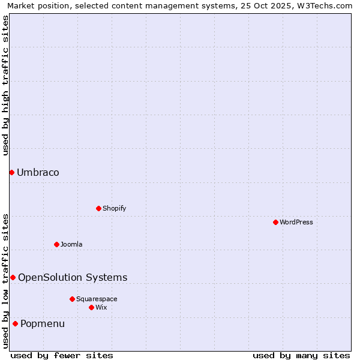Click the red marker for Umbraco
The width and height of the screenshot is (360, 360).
click(11, 173)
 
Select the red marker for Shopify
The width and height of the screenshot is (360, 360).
click(98, 209)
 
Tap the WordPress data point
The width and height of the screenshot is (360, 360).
click(275, 223)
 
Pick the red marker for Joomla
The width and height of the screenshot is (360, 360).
click(56, 244)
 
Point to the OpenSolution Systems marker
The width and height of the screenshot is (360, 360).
click(13, 277)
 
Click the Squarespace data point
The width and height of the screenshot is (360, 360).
click(72, 299)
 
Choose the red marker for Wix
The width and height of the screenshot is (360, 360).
click(91, 308)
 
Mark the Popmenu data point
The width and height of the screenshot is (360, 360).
click(15, 324)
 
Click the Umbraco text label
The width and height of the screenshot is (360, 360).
click(38, 173)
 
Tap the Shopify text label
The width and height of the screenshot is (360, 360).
click(114, 209)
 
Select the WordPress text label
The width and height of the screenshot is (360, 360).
click(296, 223)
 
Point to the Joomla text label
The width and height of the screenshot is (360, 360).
click(71, 245)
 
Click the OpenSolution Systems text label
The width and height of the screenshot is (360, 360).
click(73, 277)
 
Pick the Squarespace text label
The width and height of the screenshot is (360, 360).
click(97, 299)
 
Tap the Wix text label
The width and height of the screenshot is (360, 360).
click(101, 308)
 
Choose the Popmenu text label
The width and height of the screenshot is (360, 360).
click(43, 324)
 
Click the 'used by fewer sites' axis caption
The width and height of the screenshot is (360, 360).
click(62, 355)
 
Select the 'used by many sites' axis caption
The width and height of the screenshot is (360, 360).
click(301, 355)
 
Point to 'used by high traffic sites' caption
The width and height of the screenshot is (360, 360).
click(5, 85)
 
